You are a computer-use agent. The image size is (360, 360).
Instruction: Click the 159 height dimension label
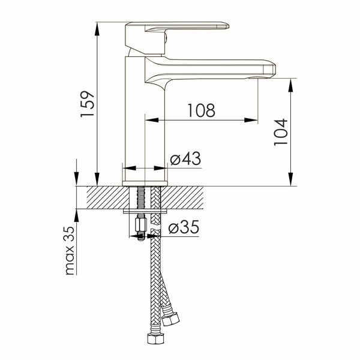pos(88,104)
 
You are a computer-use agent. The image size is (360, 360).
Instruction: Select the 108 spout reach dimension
pos(202,110)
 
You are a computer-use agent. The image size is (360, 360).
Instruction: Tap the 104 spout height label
pos(281,132)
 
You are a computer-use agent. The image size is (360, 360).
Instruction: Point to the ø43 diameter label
pos(185,158)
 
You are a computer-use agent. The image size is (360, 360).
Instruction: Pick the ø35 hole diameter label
pos(184,227)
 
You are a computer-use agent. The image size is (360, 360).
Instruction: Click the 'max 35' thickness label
pos(70,251)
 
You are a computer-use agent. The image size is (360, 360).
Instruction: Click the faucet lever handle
pos(177,26)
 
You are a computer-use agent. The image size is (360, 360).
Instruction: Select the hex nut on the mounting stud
pos(141,225)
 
